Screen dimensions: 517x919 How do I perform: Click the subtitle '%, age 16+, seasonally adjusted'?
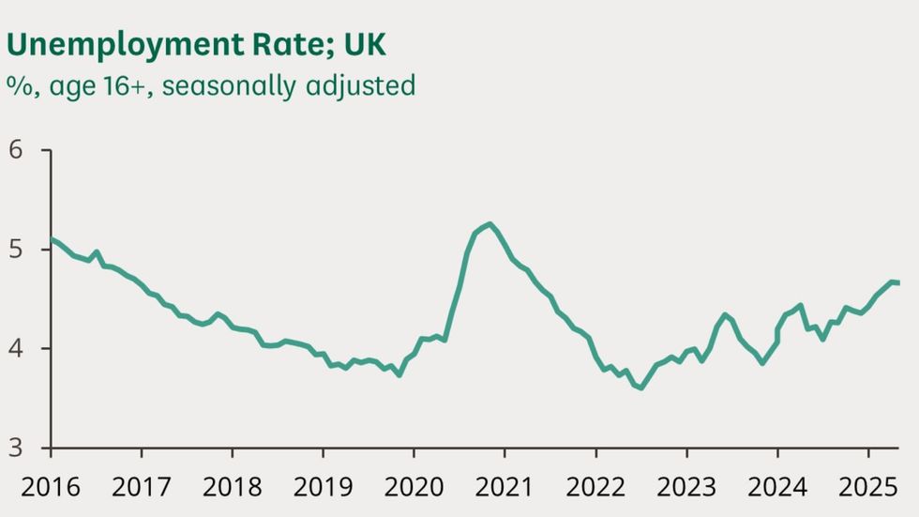pyautogui.click(x=211, y=85)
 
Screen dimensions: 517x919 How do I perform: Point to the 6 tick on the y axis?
pyautogui.click(x=18, y=151)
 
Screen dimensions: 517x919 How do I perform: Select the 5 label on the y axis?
pyautogui.click(x=18, y=250)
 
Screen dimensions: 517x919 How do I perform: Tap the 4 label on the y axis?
pyautogui.click(x=18, y=349)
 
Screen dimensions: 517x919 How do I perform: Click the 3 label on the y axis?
pyautogui.click(x=18, y=448)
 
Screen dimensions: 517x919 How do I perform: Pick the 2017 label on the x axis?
pyautogui.click(x=141, y=487)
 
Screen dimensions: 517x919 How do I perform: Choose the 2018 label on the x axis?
pyautogui.click(x=232, y=487)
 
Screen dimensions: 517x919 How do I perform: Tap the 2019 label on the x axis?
pyautogui.click(x=323, y=487)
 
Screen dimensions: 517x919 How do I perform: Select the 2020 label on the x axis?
pyautogui.click(x=414, y=487)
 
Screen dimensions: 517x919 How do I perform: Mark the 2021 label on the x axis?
pyautogui.click(x=505, y=487)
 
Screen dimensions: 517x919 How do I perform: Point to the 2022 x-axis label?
pyautogui.click(x=595, y=487)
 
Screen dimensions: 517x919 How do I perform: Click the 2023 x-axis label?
pyautogui.click(x=686, y=487)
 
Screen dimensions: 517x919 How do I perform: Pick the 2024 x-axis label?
pyautogui.click(x=777, y=487)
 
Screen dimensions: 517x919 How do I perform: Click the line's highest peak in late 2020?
pyautogui.click(x=490, y=224)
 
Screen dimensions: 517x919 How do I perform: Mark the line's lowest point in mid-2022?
pyautogui.click(x=640, y=388)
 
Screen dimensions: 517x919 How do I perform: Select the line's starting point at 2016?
pyautogui.click(x=51, y=239)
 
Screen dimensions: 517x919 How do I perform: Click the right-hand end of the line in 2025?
pyautogui.click(x=898, y=282)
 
